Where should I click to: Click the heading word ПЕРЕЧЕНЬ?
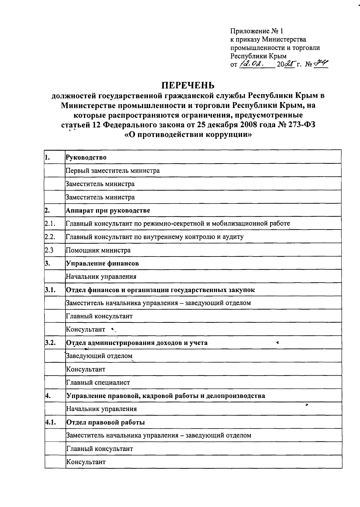pos(188,85)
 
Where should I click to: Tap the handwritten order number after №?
pos(321,64)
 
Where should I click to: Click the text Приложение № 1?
pos(256,31)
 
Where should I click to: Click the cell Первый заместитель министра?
pos(113,171)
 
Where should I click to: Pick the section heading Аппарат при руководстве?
pos(108,210)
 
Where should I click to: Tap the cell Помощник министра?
pos(98,250)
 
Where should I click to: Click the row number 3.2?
pos(50,343)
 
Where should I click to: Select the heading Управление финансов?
pos(102,263)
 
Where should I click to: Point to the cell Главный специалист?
pos(98,382)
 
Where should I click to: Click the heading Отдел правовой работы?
pos(106,422)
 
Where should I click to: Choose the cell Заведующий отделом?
pos(99,356)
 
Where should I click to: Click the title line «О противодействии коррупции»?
pos(188,135)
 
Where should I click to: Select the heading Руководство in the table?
pos(86,157)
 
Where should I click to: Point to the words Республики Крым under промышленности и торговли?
pos(258,56)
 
